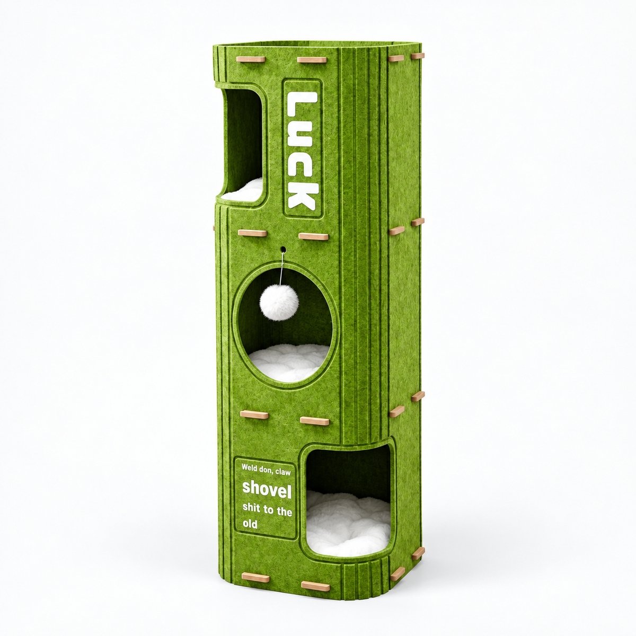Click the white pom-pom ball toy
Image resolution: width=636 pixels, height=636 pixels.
279,302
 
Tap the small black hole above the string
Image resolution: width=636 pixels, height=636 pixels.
283,250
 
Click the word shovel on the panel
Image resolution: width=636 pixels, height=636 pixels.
267,490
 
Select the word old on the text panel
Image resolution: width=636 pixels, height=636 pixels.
250,524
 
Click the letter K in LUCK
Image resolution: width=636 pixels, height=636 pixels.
303,194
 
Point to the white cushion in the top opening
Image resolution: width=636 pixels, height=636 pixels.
243,189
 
